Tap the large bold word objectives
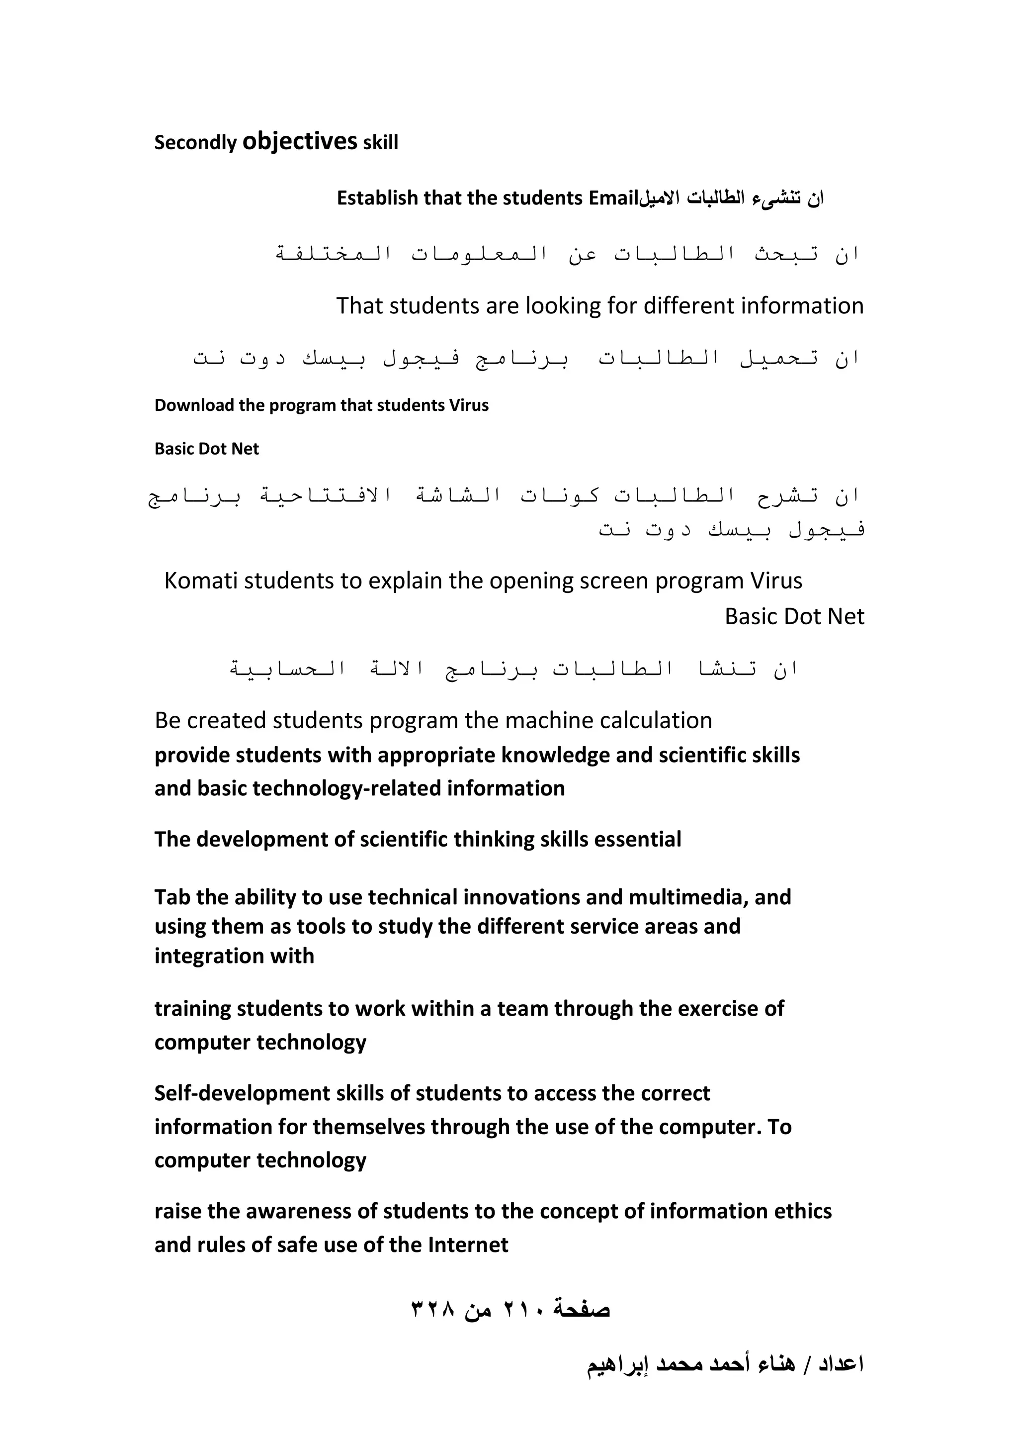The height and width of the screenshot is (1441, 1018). tap(300, 141)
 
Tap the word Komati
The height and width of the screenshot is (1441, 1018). tap(201, 581)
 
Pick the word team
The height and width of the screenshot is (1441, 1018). tap(522, 1009)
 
